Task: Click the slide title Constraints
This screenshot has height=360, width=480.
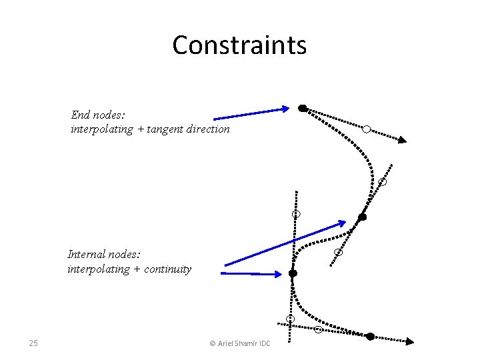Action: pyautogui.click(x=239, y=45)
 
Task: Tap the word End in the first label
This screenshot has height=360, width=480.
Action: pyautogui.click(x=81, y=115)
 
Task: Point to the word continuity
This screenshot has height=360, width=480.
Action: pyautogui.click(x=167, y=269)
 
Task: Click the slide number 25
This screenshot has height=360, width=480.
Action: pyautogui.click(x=33, y=343)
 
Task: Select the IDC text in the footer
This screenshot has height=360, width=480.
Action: pyautogui.click(x=265, y=344)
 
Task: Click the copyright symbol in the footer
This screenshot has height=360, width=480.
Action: pyautogui.click(x=213, y=344)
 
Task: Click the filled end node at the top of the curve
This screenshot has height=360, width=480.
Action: pyautogui.click(x=303, y=108)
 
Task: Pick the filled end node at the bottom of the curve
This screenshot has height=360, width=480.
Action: pyautogui.click(x=371, y=336)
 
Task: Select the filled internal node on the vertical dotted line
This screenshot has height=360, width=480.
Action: pyautogui.click(x=293, y=273)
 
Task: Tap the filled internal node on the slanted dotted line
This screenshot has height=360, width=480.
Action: pyautogui.click(x=363, y=217)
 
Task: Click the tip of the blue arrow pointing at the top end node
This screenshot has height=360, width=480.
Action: pyautogui.click(x=288, y=108)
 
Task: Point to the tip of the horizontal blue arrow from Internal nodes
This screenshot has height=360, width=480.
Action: pyautogui.click(x=283, y=273)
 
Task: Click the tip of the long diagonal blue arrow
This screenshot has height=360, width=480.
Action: pyautogui.click(x=345, y=222)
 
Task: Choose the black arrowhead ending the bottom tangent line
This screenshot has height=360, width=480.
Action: pyautogui.click(x=410, y=341)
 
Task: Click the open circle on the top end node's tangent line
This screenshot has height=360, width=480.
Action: pyautogui.click(x=366, y=129)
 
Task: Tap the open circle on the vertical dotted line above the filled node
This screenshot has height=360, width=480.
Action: pyautogui.click(x=296, y=214)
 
